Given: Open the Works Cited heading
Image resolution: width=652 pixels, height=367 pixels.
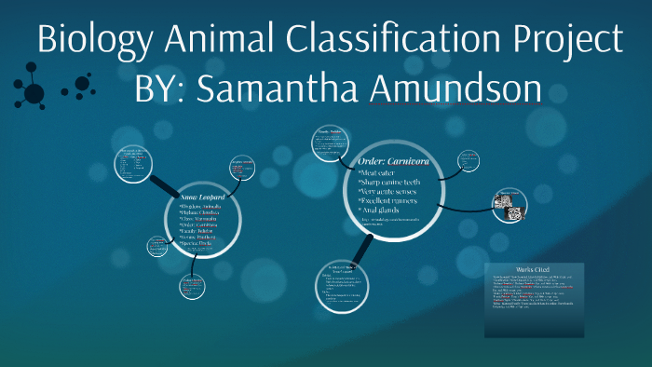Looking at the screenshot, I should pos(535,268).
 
